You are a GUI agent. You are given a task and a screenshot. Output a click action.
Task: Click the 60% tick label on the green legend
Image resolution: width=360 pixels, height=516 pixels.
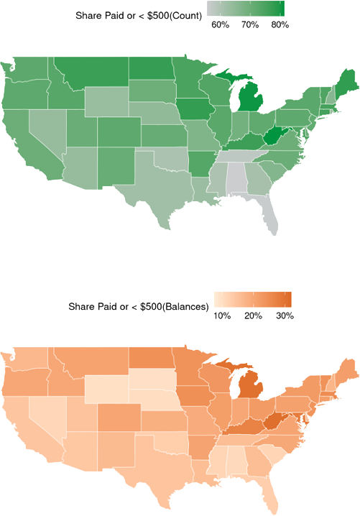coord(220,25)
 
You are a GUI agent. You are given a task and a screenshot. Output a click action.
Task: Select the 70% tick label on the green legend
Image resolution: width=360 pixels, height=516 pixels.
coord(250,25)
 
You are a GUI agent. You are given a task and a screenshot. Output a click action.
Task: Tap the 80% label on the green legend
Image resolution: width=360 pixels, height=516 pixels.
coord(280,25)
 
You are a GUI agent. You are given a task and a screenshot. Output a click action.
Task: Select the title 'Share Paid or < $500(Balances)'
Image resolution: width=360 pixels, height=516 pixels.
coord(139,306)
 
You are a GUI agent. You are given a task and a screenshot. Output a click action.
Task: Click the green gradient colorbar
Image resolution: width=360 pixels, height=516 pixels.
coord(246,9)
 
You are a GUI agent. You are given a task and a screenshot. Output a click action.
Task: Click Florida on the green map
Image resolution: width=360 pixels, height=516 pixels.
coord(267,216)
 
